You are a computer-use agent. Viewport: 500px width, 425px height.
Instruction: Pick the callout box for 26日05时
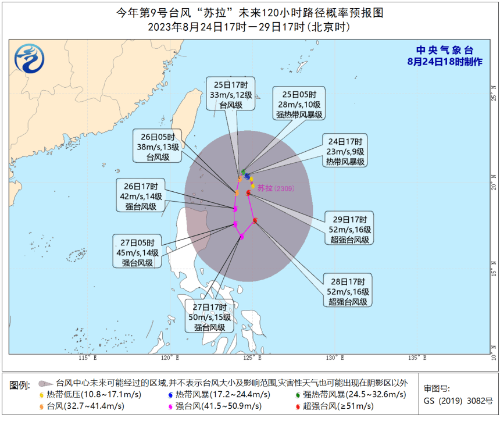tap(158, 147)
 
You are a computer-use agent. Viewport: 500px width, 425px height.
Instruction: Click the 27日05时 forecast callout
tap(137, 252)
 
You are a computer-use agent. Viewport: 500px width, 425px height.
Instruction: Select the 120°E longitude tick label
tap(169, 358)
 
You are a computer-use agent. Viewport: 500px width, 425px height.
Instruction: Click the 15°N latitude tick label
tap(493, 272)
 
